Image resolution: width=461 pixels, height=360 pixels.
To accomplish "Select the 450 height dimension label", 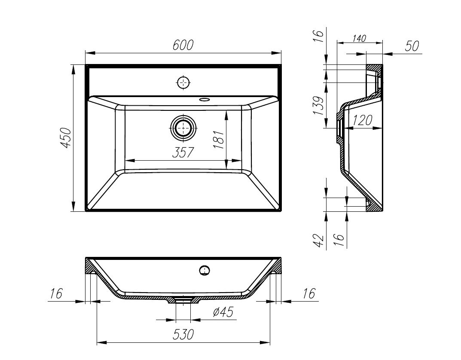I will tap(66, 138).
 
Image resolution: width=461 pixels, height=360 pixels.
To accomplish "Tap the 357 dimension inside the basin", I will tap(183, 153).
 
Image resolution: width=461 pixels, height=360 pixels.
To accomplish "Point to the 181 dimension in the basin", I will tap(218, 139).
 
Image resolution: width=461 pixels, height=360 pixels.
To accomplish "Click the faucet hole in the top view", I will tap(183, 82).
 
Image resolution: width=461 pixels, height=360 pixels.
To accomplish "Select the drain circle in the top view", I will tap(184, 128).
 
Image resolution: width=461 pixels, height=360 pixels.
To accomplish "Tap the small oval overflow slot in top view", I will tap(205, 100).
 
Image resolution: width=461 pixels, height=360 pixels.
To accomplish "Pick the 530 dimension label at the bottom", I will tap(183, 335).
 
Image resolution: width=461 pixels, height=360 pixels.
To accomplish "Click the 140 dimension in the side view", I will tap(359, 38).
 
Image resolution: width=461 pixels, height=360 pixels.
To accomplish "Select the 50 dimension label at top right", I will tap(412, 46).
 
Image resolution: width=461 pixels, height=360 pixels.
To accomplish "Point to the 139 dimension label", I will tap(318, 106).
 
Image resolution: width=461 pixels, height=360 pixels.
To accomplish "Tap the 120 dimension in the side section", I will tap(362, 121).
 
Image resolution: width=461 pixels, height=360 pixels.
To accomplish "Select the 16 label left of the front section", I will tap(56, 294).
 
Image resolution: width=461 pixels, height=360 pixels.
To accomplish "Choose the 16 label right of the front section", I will tap(308, 294).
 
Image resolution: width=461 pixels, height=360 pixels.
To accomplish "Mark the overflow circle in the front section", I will tap(205, 270).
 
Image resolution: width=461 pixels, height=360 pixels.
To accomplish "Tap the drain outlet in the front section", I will tap(183, 300).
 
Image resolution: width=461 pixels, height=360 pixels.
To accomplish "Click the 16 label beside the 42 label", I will tap(339, 238).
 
